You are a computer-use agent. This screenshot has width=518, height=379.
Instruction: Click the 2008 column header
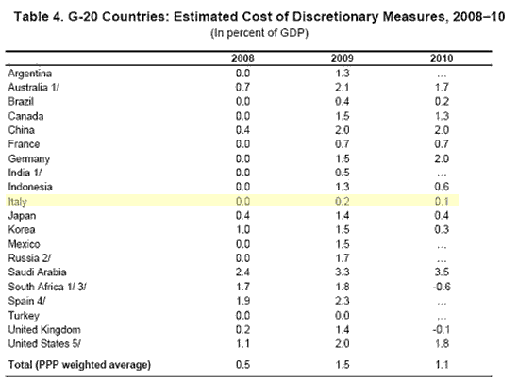pos(242,58)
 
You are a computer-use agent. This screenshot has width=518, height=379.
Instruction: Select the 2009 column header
pos(343,58)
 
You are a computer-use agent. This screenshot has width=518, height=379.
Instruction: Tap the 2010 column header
pos(442,58)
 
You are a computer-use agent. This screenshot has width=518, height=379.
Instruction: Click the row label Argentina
pos(30,74)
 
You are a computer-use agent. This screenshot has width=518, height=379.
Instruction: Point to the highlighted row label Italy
pos(17,202)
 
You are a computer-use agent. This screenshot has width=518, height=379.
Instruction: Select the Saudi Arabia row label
pos(38,272)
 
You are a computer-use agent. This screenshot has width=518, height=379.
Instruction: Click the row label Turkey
pos(24,316)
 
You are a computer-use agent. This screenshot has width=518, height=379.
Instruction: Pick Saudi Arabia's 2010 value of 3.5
pos(442,272)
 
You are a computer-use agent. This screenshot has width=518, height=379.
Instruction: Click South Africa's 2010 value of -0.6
pos(442,287)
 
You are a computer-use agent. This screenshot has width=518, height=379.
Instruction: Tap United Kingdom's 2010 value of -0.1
pos(442,329)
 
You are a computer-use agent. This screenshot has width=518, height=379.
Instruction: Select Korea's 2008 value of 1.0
pos(242,229)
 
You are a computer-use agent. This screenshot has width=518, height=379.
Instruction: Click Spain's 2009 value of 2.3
pos(343,301)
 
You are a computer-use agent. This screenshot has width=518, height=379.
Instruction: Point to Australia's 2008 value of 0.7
pos(242,87)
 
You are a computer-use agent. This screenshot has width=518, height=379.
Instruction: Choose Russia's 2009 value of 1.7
pos(343,257)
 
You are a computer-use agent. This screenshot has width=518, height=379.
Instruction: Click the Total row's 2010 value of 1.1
pos(442,365)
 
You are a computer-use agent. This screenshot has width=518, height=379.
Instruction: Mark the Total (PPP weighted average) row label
pos(79,365)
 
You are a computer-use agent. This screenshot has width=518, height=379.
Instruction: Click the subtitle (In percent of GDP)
pos(259,33)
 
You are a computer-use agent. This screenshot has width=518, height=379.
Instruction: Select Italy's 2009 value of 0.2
pos(343,201)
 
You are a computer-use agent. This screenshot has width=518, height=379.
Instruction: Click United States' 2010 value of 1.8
pos(442,344)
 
